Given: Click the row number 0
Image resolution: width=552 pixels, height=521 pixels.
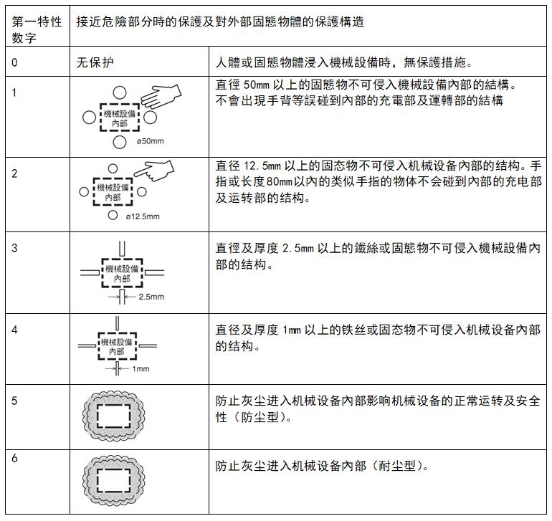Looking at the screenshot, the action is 14,62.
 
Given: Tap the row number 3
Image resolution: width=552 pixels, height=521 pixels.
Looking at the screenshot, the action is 14,248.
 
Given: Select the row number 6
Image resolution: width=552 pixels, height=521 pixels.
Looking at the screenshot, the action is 14,458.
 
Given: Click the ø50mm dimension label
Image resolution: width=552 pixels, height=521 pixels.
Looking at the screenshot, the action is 151,141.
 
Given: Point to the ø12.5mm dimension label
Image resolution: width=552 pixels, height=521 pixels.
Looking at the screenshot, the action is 143,216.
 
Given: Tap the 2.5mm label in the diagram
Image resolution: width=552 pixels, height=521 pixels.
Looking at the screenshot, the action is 151,297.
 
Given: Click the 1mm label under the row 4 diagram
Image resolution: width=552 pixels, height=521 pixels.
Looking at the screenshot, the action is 141,369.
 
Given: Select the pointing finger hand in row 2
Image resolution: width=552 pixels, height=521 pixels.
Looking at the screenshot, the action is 154,171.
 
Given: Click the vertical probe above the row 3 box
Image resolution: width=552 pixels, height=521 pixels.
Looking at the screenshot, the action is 122,249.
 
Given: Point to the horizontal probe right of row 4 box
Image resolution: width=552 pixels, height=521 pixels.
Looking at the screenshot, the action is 148,345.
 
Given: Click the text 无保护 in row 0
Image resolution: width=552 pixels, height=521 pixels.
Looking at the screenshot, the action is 95,62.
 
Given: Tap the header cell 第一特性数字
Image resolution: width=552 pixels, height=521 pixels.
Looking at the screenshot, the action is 37,29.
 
